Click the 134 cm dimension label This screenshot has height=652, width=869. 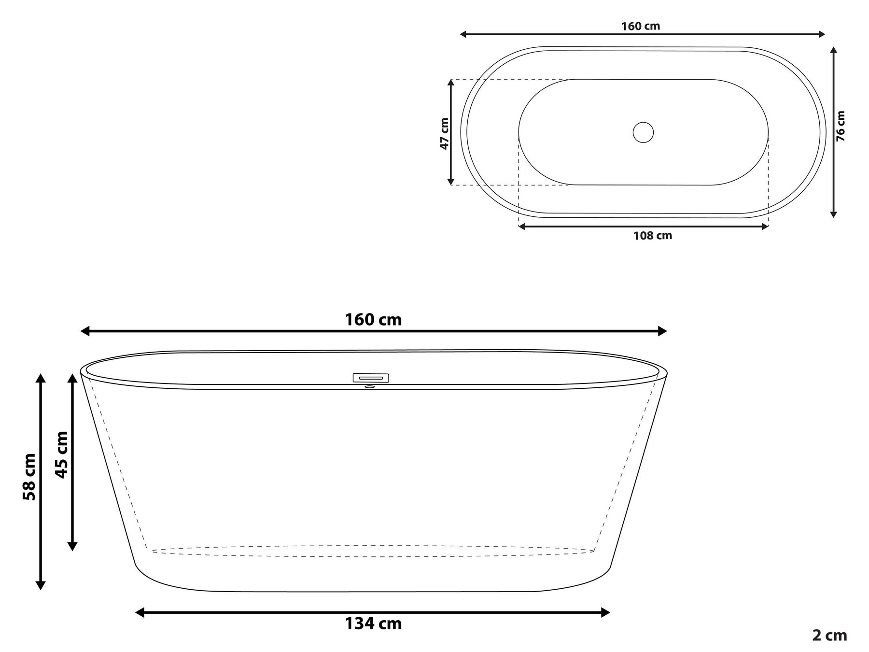point(373,624)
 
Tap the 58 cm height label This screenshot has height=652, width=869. point(29,477)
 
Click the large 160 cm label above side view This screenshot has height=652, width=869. point(373,320)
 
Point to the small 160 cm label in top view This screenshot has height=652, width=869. point(640,26)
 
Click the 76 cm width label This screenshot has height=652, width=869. point(841,126)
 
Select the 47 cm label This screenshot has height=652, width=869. point(444,133)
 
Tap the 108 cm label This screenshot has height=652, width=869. point(652,236)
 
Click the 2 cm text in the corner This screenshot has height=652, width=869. point(829,636)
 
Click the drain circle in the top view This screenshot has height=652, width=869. point(643,132)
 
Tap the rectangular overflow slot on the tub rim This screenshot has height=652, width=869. point(371,378)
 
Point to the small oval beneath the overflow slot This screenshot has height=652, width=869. point(369,387)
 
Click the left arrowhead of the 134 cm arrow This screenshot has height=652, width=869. point(139,613)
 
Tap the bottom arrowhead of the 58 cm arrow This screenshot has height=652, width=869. point(41,586)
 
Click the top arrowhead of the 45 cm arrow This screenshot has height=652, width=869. point(72,377)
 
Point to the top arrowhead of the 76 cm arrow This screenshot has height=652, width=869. point(833,50)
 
